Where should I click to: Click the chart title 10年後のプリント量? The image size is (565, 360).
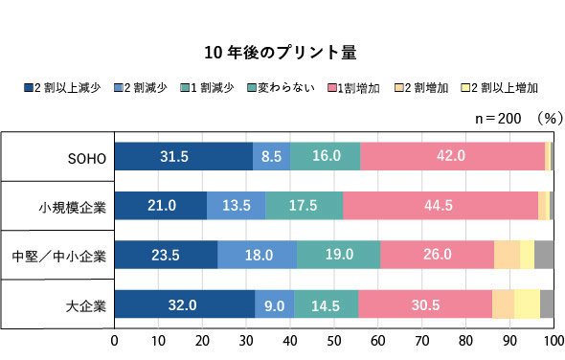[x=281, y=53]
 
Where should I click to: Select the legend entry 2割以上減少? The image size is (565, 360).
[x=62, y=87]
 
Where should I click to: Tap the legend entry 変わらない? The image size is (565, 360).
[x=281, y=87]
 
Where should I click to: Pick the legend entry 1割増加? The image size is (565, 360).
[x=353, y=87]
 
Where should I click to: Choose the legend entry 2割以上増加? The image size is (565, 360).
[x=500, y=87]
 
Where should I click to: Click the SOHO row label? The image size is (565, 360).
[x=87, y=159]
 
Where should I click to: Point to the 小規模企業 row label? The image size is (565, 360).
[x=73, y=208]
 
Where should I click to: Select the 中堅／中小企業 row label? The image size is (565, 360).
[x=59, y=257]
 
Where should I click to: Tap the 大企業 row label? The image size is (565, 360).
[x=86, y=306]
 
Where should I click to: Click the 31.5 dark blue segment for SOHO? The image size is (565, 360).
[x=184, y=156]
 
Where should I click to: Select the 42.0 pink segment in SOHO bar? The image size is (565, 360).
[x=453, y=156]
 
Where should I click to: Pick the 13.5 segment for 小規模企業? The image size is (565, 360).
[x=236, y=206]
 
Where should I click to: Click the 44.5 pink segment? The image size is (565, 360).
[x=441, y=206]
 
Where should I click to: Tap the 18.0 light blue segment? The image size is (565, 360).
[x=258, y=255]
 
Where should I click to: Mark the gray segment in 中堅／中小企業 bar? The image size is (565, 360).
[x=544, y=255]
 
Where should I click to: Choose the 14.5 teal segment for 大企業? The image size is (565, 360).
[x=327, y=304]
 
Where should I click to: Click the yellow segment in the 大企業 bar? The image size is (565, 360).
[x=527, y=304]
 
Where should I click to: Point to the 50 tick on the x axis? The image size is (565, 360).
[x=334, y=341]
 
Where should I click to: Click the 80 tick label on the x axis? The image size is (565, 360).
[x=466, y=341]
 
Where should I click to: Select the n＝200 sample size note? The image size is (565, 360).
[x=498, y=118]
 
